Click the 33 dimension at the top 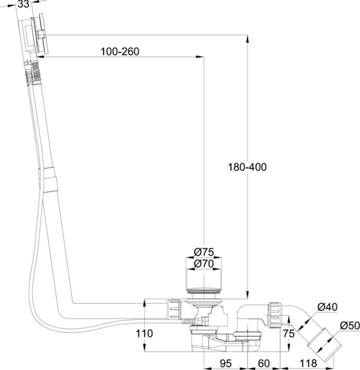(22, 5)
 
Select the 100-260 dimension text (120, 52)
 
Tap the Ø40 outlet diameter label (328, 307)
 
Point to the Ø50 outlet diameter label (349, 326)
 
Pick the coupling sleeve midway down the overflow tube (48, 181)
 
